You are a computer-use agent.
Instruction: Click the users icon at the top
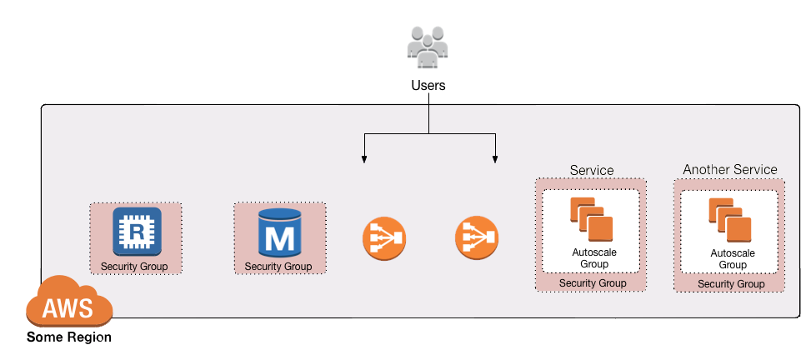coord(428,47)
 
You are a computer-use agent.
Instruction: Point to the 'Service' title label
coord(591,170)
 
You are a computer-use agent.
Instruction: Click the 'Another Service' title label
coord(729,169)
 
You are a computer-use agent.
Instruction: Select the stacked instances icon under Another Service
coord(729,219)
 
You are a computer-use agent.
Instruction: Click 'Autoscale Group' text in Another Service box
coord(732,258)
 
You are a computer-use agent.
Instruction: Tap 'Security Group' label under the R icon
coord(134,267)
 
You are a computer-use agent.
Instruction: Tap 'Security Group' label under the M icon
coord(278,267)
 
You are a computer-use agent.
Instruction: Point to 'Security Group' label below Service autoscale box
coord(592,283)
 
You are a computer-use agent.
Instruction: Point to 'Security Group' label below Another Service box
coord(731,284)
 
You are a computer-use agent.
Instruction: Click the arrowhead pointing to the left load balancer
coord(363,158)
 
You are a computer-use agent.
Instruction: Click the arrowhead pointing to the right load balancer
coord(496,158)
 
